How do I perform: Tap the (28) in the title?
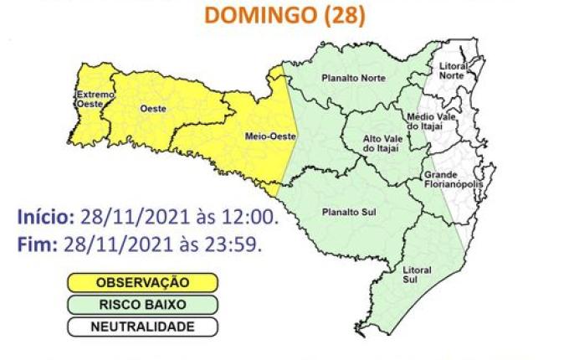[x=345, y=17]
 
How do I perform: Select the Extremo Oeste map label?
[x=94, y=100]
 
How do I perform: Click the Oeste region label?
[x=151, y=108]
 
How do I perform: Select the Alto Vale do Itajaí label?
[x=380, y=143]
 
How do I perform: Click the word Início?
[x=45, y=218]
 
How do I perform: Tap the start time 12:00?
[x=248, y=218]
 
